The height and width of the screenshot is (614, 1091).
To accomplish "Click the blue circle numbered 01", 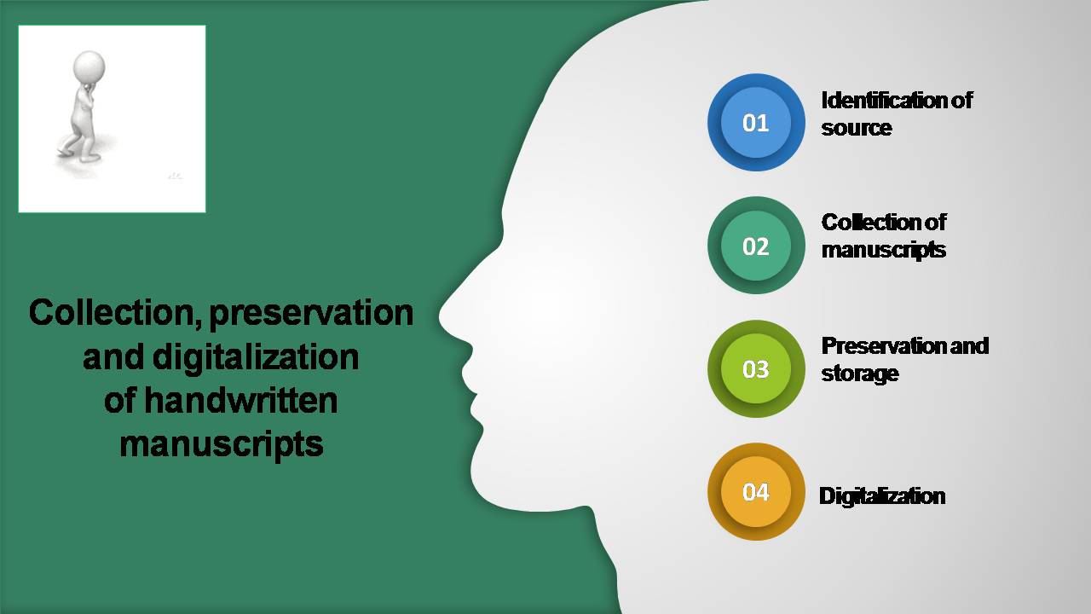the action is coord(756,122).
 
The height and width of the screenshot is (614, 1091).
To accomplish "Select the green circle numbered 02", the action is coord(756,246).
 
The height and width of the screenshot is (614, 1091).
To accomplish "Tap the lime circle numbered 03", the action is coord(756,369).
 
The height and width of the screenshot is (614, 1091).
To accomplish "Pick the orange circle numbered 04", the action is coord(756,492).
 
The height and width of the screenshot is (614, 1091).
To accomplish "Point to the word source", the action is coord(857,128).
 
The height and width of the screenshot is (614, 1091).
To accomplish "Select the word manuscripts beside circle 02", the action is coord(884,251).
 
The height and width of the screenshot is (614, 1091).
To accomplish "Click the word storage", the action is coord(860,374).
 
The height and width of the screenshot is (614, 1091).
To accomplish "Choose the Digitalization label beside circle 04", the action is coord(882,496).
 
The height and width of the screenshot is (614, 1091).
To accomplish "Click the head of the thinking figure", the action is coord(89,67).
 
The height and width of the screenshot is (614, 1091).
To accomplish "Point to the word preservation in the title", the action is coord(311,316).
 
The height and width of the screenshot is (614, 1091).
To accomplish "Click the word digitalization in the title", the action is coord(256,358).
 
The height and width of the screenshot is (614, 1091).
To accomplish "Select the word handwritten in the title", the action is coord(240,401).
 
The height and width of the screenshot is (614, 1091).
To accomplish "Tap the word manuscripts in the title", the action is coord(222,446).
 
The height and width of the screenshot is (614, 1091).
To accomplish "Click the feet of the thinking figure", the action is coord(79,155).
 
